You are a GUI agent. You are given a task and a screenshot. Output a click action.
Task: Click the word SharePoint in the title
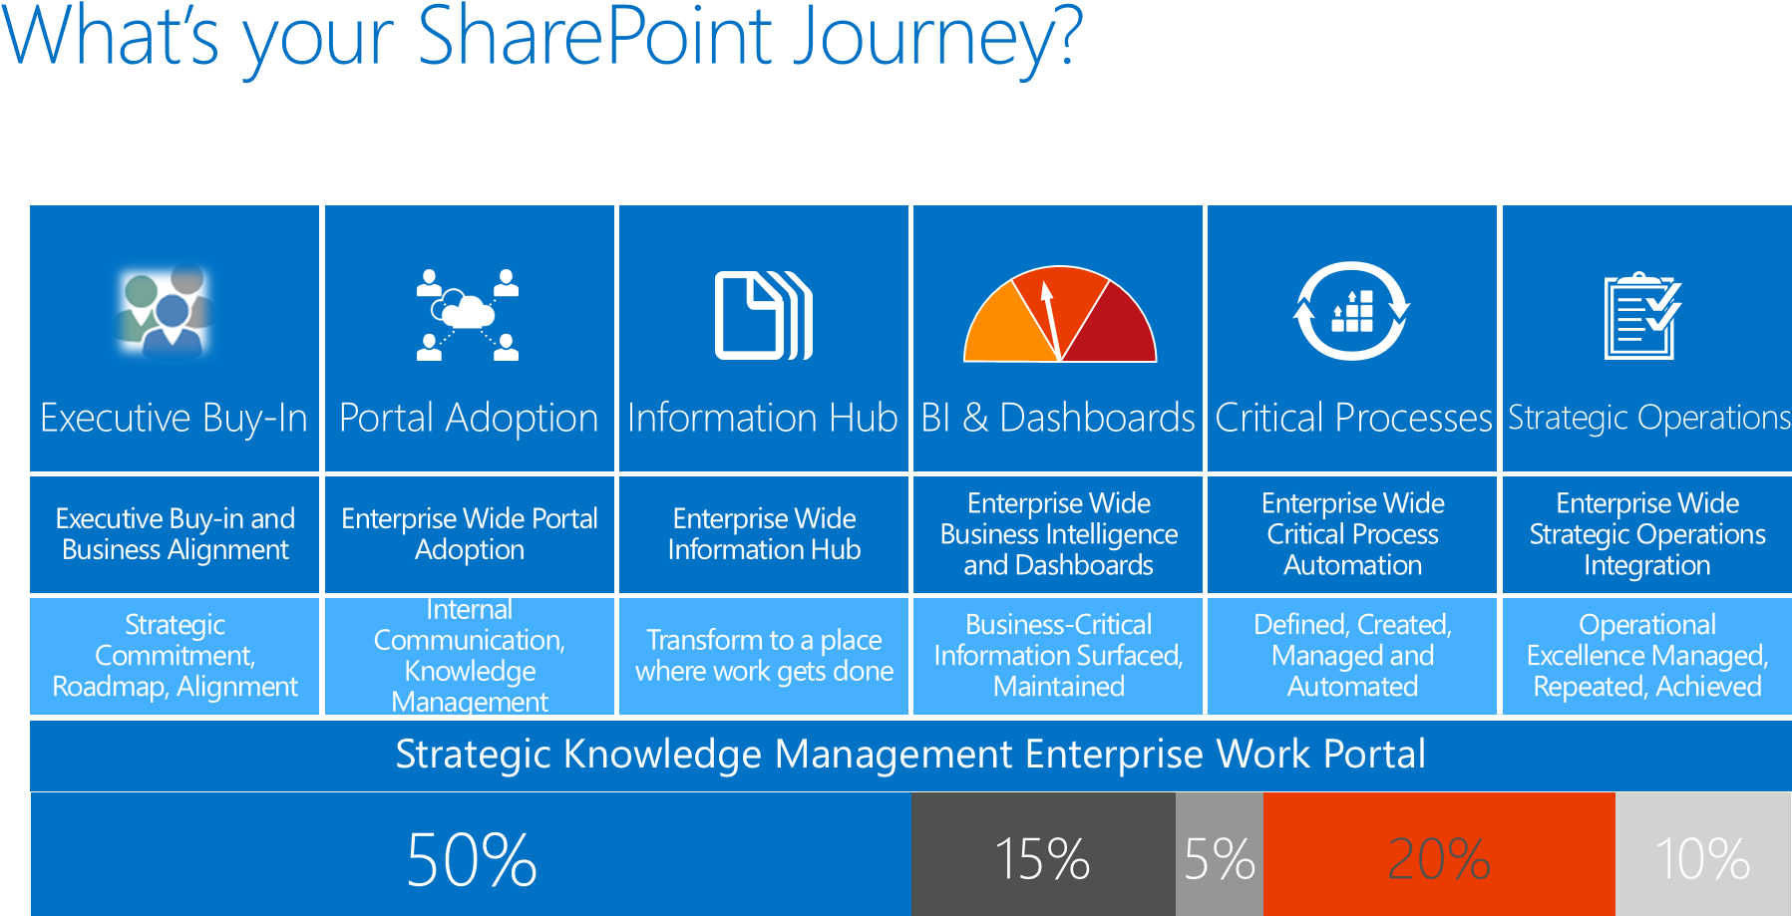594,38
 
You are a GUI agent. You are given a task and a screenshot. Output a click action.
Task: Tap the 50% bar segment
471,857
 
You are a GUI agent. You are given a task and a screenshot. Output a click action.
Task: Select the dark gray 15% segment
1043,857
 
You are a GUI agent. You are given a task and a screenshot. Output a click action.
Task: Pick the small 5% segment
1219,857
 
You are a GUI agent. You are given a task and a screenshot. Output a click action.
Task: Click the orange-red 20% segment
1438,857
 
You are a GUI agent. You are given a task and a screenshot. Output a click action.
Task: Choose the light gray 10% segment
1702,857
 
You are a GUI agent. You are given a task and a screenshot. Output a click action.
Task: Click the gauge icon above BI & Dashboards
1059,314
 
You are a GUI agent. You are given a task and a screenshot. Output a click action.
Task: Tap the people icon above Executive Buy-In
166,311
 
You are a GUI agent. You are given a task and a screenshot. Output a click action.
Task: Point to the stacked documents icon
764,315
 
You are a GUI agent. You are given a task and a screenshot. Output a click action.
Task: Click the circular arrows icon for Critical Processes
1351,311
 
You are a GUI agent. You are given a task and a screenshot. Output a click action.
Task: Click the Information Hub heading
763,418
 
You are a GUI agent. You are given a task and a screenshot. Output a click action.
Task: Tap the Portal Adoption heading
469,418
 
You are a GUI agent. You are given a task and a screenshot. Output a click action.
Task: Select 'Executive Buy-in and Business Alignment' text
176,534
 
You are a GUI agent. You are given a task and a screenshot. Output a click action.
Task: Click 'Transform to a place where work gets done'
764,655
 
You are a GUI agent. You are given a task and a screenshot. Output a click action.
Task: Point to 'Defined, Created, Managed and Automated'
1352,655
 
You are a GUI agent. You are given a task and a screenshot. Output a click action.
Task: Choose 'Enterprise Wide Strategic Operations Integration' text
1647,534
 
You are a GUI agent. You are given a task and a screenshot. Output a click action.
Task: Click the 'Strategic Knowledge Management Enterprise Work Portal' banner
910,755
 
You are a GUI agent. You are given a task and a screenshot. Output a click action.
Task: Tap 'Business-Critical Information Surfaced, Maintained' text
1058,655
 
